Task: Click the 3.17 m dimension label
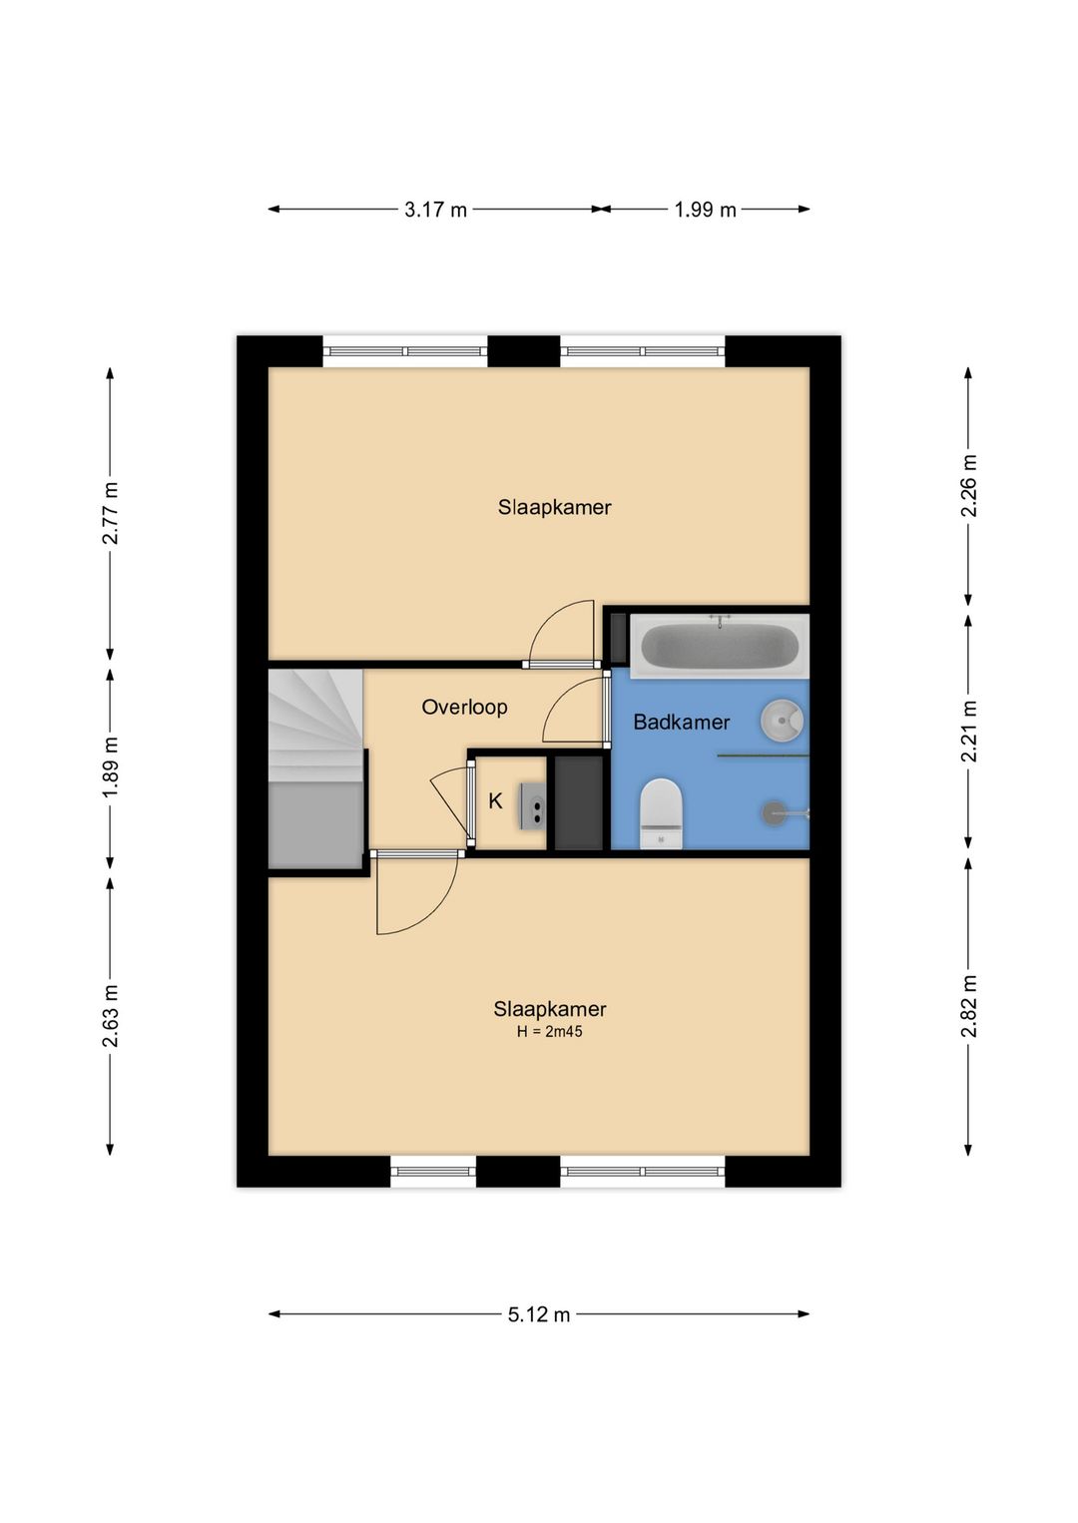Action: (435, 210)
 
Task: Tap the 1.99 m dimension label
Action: (706, 210)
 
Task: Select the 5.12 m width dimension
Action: (539, 1314)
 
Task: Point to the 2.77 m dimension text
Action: (110, 513)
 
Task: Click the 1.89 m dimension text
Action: (110, 766)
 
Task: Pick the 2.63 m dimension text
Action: (110, 1015)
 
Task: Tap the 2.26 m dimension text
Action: (968, 485)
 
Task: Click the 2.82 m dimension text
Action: (968, 1006)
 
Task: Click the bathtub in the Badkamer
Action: (720, 646)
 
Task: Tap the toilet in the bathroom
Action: (661, 813)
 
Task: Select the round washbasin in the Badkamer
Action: (783, 720)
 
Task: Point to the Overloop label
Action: (464, 707)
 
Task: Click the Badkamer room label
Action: (682, 722)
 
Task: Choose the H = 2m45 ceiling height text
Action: (550, 1031)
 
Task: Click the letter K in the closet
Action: (495, 801)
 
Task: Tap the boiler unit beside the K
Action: (533, 806)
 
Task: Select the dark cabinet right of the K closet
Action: (579, 802)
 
